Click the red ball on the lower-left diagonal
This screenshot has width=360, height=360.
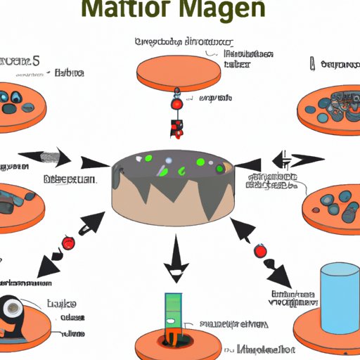pyautogui.click(x=68, y=243)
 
